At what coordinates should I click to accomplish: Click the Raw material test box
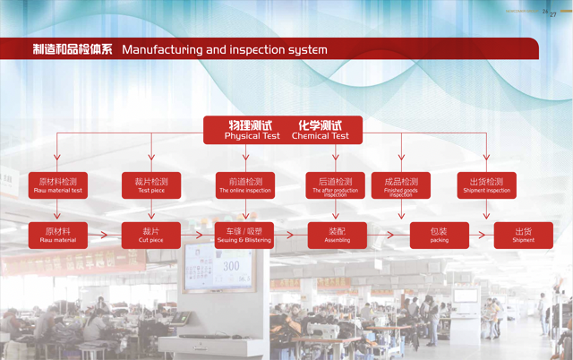pyautogui.click(x=58, y=185)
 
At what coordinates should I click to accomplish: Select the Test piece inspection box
pyautogui.click(x=151, y=185)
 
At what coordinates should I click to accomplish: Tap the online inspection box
pyautogui.click(x=244, y=185)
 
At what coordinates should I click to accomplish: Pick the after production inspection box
pyautogui.click(x=335, y=185)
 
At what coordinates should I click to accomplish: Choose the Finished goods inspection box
pyautogui.click(x=400, y=185)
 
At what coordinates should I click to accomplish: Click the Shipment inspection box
pyautogui.click(x=487, y=185)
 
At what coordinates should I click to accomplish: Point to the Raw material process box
pyautogui.click(x=58, y=236)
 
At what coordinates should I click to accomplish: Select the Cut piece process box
pyautogui.click(x=151, y=236)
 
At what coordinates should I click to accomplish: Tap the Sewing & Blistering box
pyautogui.click(x=244, y=236)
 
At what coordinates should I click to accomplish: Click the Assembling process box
pyautogui.click(x=337, y=236)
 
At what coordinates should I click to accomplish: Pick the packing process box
pyautogui.click(x=439, y=236)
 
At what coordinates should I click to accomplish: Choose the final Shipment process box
pyautogui.click(x=523, y=236)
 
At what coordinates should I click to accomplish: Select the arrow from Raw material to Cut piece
pyautogui.click(x=105, y=236)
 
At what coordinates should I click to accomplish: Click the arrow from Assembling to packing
pyautogui.click(x=388, y=236)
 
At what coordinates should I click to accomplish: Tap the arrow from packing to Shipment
pyautogui.click(x=482, y=236)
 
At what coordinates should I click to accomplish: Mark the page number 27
pyautogui.click(x=552, y=13)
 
